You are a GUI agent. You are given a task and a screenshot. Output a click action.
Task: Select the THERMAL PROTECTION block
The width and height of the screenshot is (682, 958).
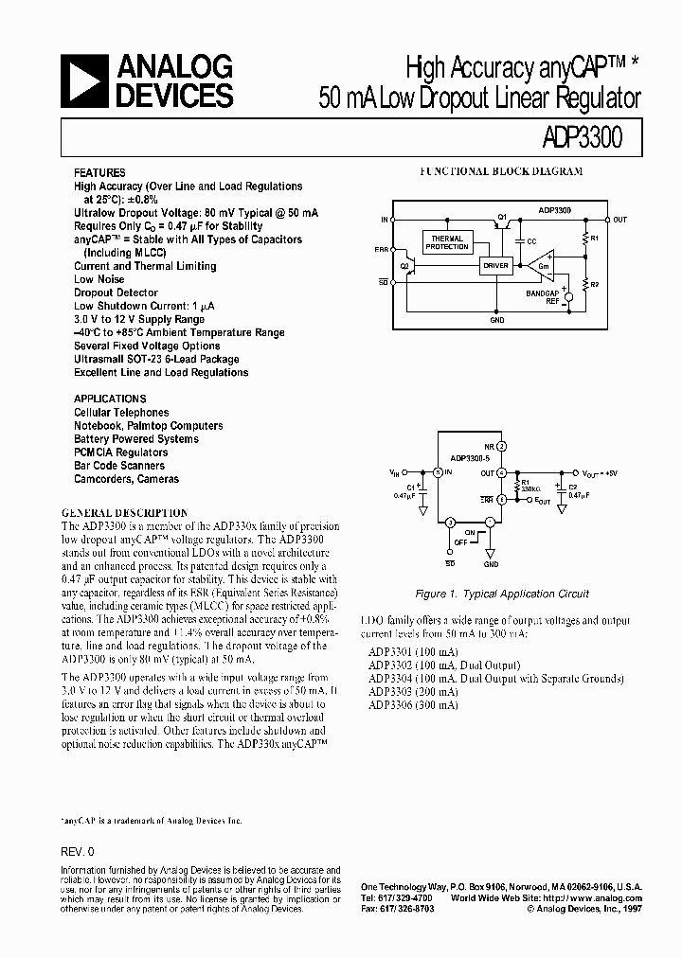pyautogui.click(x=447, y=242)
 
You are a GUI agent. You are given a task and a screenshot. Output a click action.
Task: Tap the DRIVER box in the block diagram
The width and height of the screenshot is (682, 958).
pyautogui.click(x=495, y=266)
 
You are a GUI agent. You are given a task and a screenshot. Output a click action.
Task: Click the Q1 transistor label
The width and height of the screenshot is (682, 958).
pyautogui.click(x=502, y=217)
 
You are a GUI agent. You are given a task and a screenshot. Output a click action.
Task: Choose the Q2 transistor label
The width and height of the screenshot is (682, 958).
pyautogui.click(x=404, y=267)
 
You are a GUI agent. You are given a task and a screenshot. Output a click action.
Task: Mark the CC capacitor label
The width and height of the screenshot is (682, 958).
pyautogui.click(x=531, y=242)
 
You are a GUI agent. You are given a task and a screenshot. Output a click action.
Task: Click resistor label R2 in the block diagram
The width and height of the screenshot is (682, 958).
pyautogui.click(x=594, y=283)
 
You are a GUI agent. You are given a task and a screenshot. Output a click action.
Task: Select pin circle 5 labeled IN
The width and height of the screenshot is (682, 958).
pyautogui.click(x=438, y=471)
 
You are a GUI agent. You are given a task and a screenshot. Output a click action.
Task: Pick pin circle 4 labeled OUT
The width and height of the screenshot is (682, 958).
pyautogui.click(x=502, y=471)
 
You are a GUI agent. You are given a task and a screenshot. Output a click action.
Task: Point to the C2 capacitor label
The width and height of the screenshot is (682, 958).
pyautogui.click(x=572, y=486)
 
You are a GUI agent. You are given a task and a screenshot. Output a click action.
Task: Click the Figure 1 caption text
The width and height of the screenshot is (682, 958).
pyautogui.click(x=502, y=594)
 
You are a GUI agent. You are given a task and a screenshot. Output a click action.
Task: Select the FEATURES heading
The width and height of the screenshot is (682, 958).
pyautogui.click(x=99, y=173)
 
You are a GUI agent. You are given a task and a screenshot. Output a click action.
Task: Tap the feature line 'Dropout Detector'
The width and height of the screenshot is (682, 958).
pyautogui.click(x=116, y=293)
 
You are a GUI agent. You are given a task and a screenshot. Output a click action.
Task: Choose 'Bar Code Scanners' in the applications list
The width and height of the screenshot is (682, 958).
pyautogui.click(x=119, y=465)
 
